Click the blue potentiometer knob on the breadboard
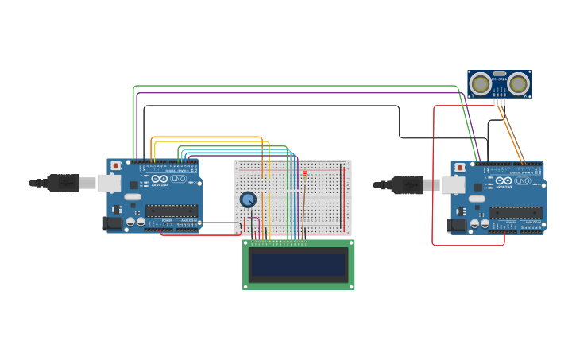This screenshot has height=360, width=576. [248, 199]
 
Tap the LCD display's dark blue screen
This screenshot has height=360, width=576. [299, 265]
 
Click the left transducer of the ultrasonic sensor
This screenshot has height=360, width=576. [480, 83]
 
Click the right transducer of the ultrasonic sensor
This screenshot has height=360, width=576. [519, 83]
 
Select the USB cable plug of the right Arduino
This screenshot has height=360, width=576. [407, 185]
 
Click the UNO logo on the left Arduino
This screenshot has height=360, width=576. [179, 180]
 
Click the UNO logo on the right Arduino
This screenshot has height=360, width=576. [523, 180]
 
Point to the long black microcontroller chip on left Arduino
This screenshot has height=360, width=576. [171, 211]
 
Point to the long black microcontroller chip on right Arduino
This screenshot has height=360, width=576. [516, 212]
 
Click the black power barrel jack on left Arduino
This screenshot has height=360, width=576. [113, 223]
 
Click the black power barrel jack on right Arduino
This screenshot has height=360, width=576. [457, 225]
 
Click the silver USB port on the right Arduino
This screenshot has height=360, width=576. [452, 185]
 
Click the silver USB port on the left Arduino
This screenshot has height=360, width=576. [108, 183]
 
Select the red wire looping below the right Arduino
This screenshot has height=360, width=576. [469, 245]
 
